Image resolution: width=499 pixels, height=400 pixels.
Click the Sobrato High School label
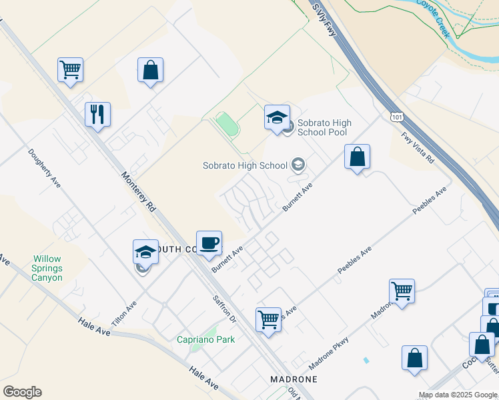245,165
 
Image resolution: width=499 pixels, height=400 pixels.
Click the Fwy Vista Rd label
418,151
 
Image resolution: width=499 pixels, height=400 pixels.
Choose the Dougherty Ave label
44,167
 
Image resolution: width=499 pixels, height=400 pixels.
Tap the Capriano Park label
205,339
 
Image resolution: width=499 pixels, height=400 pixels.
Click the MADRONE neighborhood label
293,379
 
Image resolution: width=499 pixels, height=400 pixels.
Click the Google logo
22,392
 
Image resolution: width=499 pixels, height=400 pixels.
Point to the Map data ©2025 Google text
458,395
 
